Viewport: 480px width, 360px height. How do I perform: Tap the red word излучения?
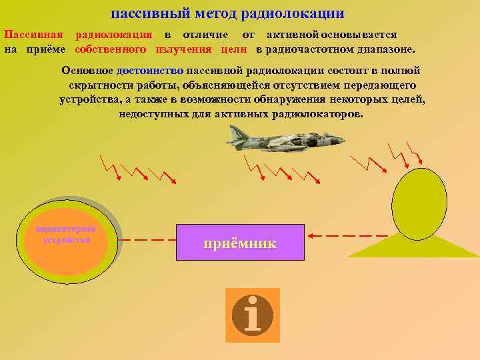(x=183, y=49)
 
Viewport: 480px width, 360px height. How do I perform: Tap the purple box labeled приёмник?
(x=240, y=243)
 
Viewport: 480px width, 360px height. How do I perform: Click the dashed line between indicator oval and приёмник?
(x=149, y=239)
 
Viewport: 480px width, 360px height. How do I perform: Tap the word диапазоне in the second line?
(x=385, y=49)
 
